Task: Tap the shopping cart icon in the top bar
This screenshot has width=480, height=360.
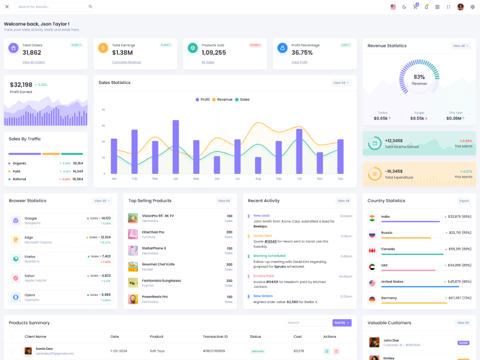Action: coord(415,7)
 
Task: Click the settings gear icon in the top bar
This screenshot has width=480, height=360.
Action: coord(472,7)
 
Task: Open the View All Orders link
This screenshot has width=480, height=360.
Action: coord(34,62)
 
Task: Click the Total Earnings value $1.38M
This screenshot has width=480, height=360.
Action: coord(122,53)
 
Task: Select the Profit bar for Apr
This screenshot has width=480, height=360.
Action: coord(176,147)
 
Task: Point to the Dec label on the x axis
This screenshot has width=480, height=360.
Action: coord(340,179)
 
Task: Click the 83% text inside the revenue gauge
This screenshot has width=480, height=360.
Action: coord(419,77)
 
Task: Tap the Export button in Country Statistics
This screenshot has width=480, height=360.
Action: coord(464,201)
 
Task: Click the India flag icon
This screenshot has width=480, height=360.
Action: coord(372,217)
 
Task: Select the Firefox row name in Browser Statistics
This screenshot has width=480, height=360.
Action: coord(30,256)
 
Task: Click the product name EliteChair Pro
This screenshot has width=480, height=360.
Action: coord(153,232)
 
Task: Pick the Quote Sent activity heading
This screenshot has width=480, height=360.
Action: coord(263,236)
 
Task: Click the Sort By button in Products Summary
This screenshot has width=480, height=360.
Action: coord(341,323)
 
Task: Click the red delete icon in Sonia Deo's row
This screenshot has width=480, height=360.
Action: coord(336,351)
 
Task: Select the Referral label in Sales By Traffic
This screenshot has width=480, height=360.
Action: coord(19,179)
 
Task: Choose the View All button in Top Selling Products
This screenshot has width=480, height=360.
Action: coord(224,201)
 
